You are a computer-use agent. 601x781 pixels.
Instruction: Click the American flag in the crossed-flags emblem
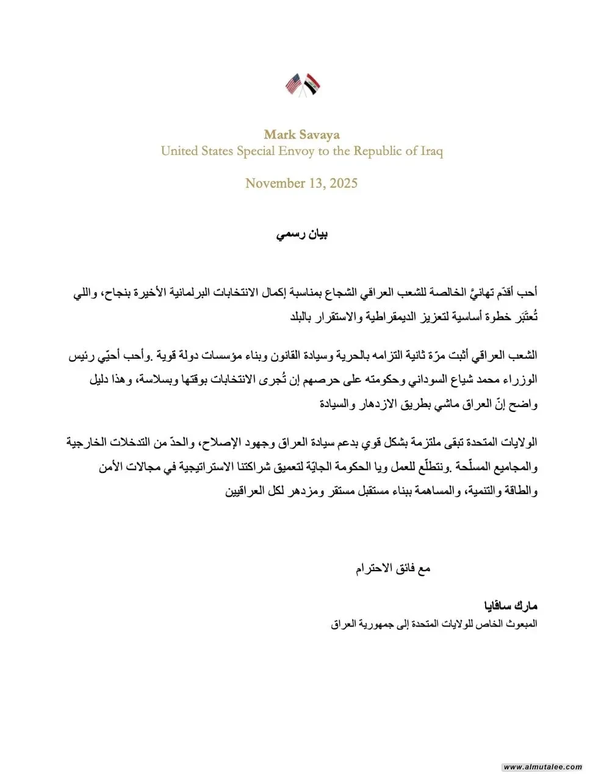[294, 84]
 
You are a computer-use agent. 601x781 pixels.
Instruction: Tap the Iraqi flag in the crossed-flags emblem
[312, 85]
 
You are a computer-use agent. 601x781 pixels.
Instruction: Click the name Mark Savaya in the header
[301, 135]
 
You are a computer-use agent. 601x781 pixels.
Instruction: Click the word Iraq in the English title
[431, 151]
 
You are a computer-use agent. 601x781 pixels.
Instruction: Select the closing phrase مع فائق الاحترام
[393, 569]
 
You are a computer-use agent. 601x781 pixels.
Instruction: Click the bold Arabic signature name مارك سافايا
[509, 606]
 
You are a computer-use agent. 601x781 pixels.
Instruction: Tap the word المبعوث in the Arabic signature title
[519, 625]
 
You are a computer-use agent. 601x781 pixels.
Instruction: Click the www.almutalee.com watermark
[543, 767]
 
